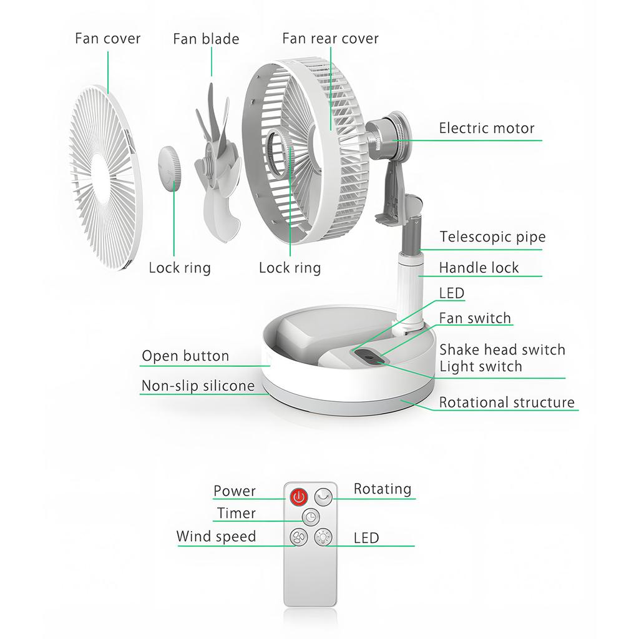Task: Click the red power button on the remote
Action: point(299,497)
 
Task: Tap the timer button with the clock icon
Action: point(311,517)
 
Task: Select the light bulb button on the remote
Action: point(323,537)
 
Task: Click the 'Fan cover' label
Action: point(108,39)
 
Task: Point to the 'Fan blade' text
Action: point(206,39)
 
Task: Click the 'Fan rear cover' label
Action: point(330,39)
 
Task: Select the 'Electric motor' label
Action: point(487,129)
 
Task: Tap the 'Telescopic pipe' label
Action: point(492,237)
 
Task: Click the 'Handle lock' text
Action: point(479,268)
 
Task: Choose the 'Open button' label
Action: point(185,356)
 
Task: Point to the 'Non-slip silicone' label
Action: point(198,386)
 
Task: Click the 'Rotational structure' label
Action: point(507,402)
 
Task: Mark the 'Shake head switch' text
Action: point(502,349)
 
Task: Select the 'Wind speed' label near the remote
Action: point(216,537)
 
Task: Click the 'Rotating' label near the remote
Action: point(383,489)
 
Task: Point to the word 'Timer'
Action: point(236,514)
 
